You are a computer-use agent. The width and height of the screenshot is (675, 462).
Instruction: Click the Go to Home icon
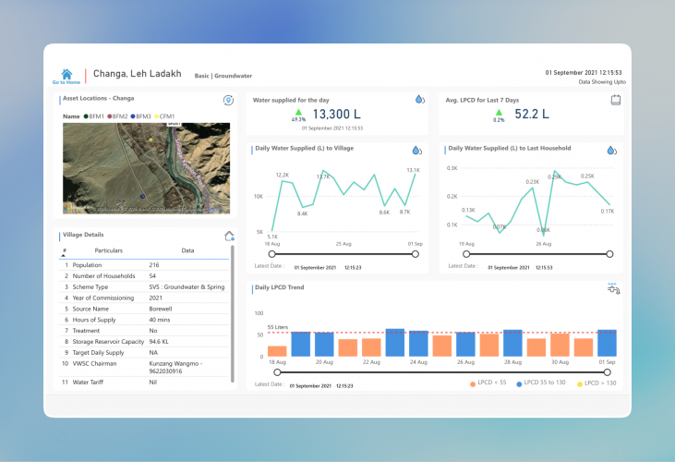click(x=66, y=74)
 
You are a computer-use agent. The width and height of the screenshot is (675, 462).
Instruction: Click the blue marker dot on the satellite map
click(x=141, y=196)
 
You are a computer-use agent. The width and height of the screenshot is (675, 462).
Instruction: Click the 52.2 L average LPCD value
click(x=531, y=115)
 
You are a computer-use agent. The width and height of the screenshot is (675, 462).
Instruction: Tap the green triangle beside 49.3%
click(x=298, y=111)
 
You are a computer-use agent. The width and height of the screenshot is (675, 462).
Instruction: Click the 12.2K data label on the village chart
click(x=283, y=175)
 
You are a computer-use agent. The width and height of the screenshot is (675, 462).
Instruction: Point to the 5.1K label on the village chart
click(x=272, y=237)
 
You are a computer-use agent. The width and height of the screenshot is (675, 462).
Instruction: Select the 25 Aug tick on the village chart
click(x=344, y=244)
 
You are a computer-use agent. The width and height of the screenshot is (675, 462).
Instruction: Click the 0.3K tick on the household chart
click(x=452, y=168)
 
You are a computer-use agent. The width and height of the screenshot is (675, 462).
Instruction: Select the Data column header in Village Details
click(x=187, y=250)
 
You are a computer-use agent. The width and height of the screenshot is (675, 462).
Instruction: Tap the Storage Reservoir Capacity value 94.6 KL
click(x=163, y=342)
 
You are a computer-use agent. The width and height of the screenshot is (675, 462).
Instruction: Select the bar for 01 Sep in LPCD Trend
click(x=607, y=343)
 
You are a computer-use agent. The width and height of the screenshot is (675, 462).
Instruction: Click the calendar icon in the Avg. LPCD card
click(x=615, y=99)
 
